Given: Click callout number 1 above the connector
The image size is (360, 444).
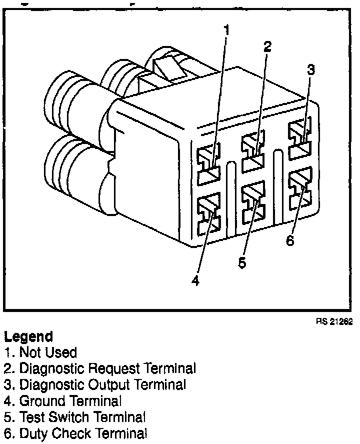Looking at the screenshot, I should click(226, 30).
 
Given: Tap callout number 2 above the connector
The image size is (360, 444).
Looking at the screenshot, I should click(267, 46).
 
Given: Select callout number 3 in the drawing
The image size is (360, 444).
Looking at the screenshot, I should click(310, 69).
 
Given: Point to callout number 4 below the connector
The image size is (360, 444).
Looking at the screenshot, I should click(195, 281).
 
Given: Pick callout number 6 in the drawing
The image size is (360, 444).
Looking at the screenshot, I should click(290, 240).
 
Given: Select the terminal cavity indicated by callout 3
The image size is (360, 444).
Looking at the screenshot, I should click(299, 137).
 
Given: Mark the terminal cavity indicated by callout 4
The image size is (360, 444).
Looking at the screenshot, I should click(208, 212).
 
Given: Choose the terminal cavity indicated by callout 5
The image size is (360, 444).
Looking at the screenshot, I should click(253, 201).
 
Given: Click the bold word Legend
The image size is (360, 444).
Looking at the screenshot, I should click(28, 336).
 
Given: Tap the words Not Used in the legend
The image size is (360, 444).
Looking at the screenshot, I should click(48, 352).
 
